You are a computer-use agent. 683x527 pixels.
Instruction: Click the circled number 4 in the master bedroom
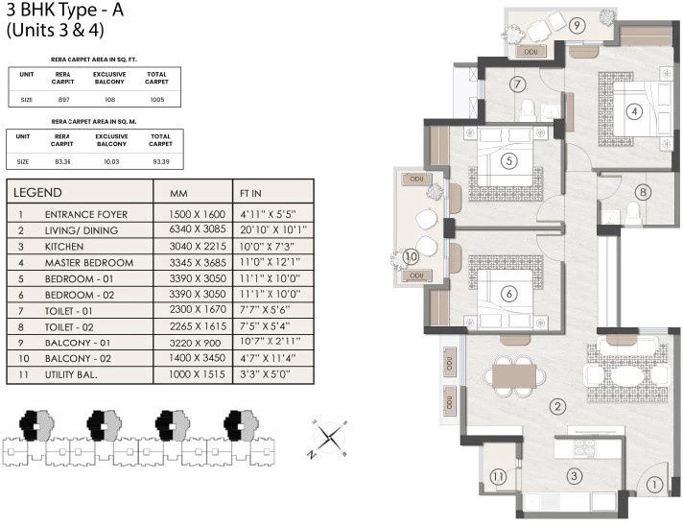(x=633, y=110)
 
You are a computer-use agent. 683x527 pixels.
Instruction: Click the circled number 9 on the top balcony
(x=577, y=26)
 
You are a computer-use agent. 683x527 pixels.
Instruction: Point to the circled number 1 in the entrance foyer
(x=652, y=486)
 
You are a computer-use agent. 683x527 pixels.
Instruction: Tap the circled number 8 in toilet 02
(x=643, y=191)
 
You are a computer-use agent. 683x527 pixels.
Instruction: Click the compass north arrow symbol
(x=329, y=438)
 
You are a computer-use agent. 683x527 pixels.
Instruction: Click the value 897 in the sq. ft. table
(x=62, y=100)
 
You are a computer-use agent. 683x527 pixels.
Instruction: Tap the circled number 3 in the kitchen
(x=573, y=475)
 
